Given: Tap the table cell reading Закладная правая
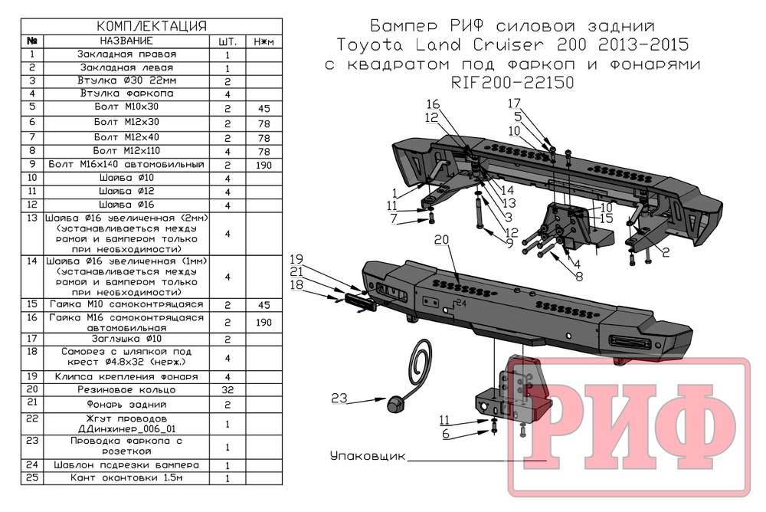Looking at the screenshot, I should click(x=126, y=54).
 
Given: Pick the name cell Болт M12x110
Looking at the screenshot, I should click(x=126, y=150).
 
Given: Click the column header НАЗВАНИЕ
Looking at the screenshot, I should click(x=126, y=41).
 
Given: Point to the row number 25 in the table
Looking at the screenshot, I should click(x=32, y=478).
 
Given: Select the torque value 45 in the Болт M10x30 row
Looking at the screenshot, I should click(x=264, y=109).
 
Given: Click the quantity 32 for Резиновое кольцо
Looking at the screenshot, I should click(x=228, y=390).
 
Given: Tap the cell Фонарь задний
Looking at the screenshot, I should click(x=126, y=403).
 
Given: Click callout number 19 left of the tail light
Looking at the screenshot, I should click(x=297, y=258).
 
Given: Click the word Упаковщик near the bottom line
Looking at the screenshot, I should click(x=367, y=456).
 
